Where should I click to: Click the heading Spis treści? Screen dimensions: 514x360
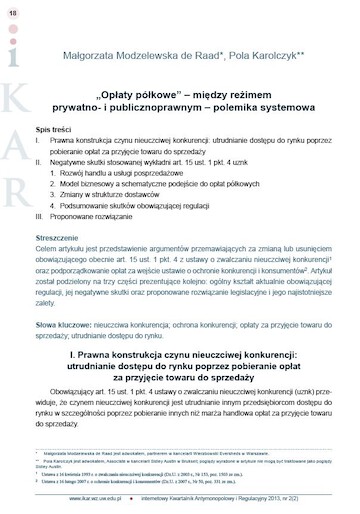(x=52, y=131)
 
